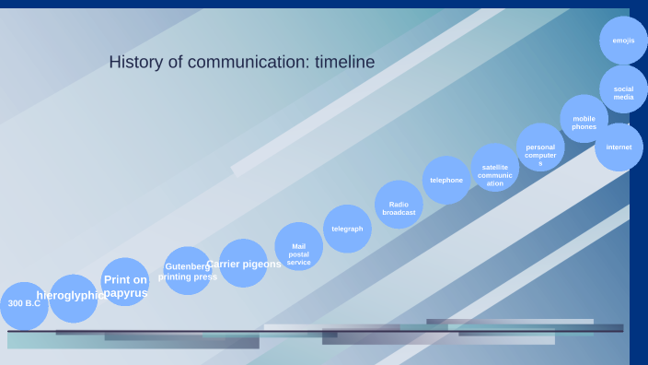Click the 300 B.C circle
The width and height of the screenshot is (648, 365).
pyautogui.click(x=24, y=305)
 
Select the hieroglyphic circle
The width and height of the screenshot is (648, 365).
pyautogui.click(x=73, y=298)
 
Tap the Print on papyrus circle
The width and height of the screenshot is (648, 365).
pyautogui.click(x=125, y=282)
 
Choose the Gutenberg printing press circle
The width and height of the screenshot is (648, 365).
pyautogui.click(x=188, y=271)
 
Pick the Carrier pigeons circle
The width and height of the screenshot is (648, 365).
pyautogui.click(x=243, y=264)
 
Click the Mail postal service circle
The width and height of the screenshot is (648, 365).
pyautogui.click(x=299, y=247)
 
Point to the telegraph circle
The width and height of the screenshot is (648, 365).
pyautogui.click(x=347, y=229)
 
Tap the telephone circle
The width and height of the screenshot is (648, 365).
pyautogui.click(x=446, y=180)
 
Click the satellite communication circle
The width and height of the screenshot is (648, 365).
pyautogui.click(x=495, y=167)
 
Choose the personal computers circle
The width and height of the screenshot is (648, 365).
pyautogui.click(x=540, y=147)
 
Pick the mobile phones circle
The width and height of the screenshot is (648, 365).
pyautogui.click(x=584, y=119)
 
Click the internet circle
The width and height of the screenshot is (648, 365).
pyautogui.click(x=619, y=147)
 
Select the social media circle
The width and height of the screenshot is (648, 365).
pyautogui.click(x=623, y=89)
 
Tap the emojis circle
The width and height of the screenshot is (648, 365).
pyautogui.click(x=623, y=41)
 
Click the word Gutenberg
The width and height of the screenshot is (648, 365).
pyautogui.click(x=188, y=266)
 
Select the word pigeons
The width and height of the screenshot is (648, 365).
pyautogui.click(x=262, y=264)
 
